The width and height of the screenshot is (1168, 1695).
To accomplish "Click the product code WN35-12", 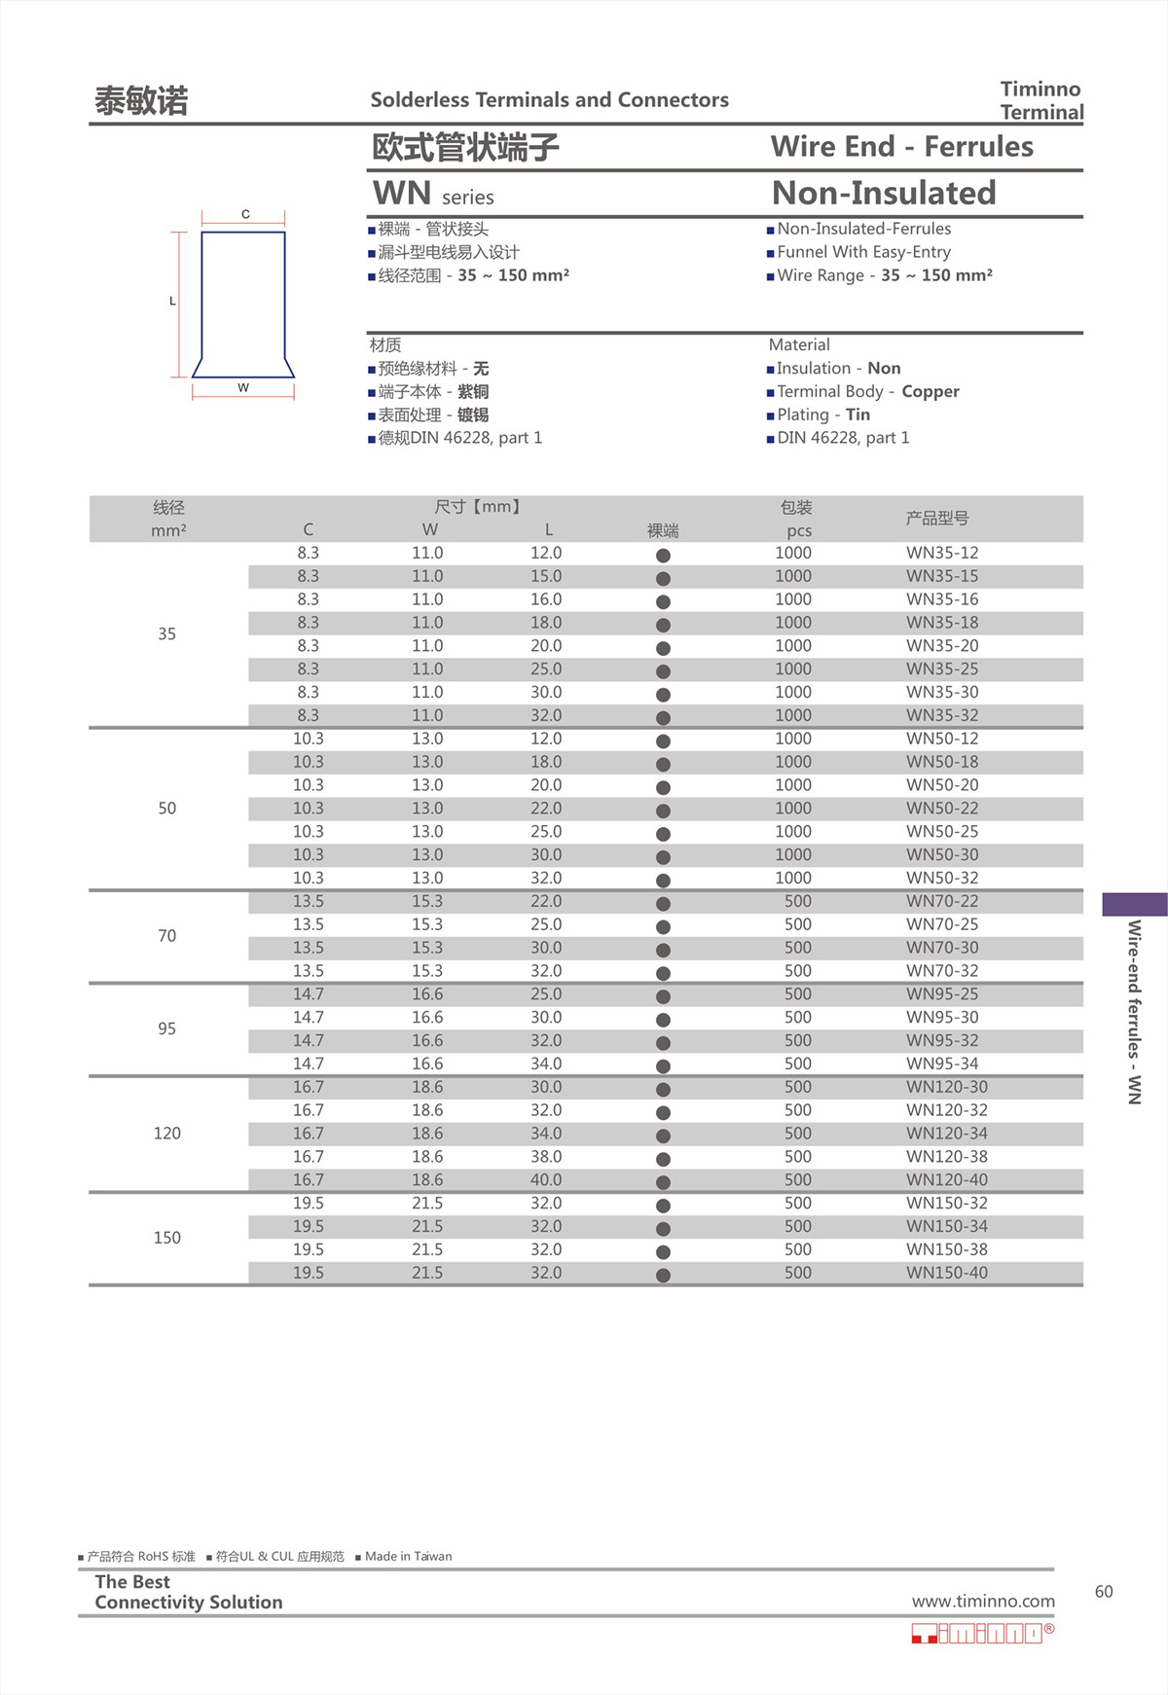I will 941,553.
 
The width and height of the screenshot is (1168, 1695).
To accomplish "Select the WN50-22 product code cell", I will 941,809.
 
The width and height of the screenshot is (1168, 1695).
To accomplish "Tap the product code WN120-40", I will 946,1180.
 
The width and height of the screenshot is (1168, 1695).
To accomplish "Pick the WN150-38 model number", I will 946,1249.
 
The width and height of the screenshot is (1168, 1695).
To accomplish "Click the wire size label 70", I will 167,936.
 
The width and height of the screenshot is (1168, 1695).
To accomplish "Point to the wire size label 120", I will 167,1134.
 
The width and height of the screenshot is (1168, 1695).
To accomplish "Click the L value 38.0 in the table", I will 546,1157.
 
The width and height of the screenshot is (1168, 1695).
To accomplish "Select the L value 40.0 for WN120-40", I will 546,1180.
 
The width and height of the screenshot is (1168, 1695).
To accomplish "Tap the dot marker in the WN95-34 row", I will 663,1066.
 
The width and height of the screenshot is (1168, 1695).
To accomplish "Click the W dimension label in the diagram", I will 243,387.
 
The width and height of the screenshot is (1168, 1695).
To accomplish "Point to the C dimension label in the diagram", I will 245,214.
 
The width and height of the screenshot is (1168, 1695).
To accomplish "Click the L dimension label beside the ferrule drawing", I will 173,301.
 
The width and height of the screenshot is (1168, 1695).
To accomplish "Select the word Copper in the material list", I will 930,391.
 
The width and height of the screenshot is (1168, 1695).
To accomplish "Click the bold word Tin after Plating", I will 858,415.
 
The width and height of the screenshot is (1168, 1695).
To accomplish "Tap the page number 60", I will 1104,1592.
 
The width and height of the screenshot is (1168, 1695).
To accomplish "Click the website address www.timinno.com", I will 982,1602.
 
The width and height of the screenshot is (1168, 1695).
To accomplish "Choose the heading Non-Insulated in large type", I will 883,193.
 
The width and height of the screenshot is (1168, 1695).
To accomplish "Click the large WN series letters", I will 402,194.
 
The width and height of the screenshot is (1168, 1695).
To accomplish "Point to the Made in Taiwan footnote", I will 408,1557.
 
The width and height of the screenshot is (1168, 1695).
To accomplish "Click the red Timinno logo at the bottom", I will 981,1634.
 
